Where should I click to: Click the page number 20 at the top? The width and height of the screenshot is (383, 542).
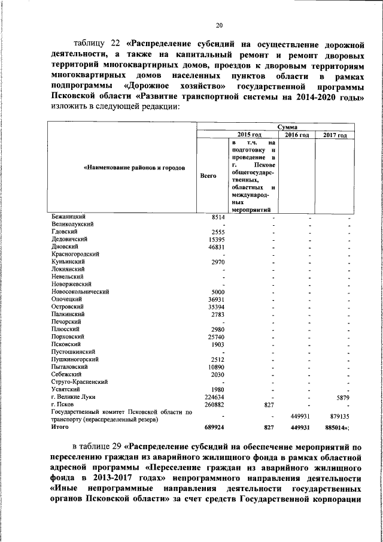tap(219, 25)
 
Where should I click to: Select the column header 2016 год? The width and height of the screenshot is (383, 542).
tap(297, 135)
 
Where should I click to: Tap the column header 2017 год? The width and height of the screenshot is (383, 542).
tap(335, 135)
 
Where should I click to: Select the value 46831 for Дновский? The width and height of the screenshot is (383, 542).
tap(214, 246)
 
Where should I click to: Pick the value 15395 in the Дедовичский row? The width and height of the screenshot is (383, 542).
tap(214, 238)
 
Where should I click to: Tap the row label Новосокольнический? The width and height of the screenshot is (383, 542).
tap(80, 291)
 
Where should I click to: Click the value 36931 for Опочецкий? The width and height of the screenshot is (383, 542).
tap(214, 299)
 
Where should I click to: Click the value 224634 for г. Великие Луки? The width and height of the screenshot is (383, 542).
tap(212, 396)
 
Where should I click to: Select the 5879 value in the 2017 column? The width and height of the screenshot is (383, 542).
tap(342, 396)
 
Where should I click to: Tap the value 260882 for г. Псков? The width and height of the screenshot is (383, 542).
tap(212, 404)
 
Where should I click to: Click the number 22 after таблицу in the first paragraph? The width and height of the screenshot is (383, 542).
tap(115, 44)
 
